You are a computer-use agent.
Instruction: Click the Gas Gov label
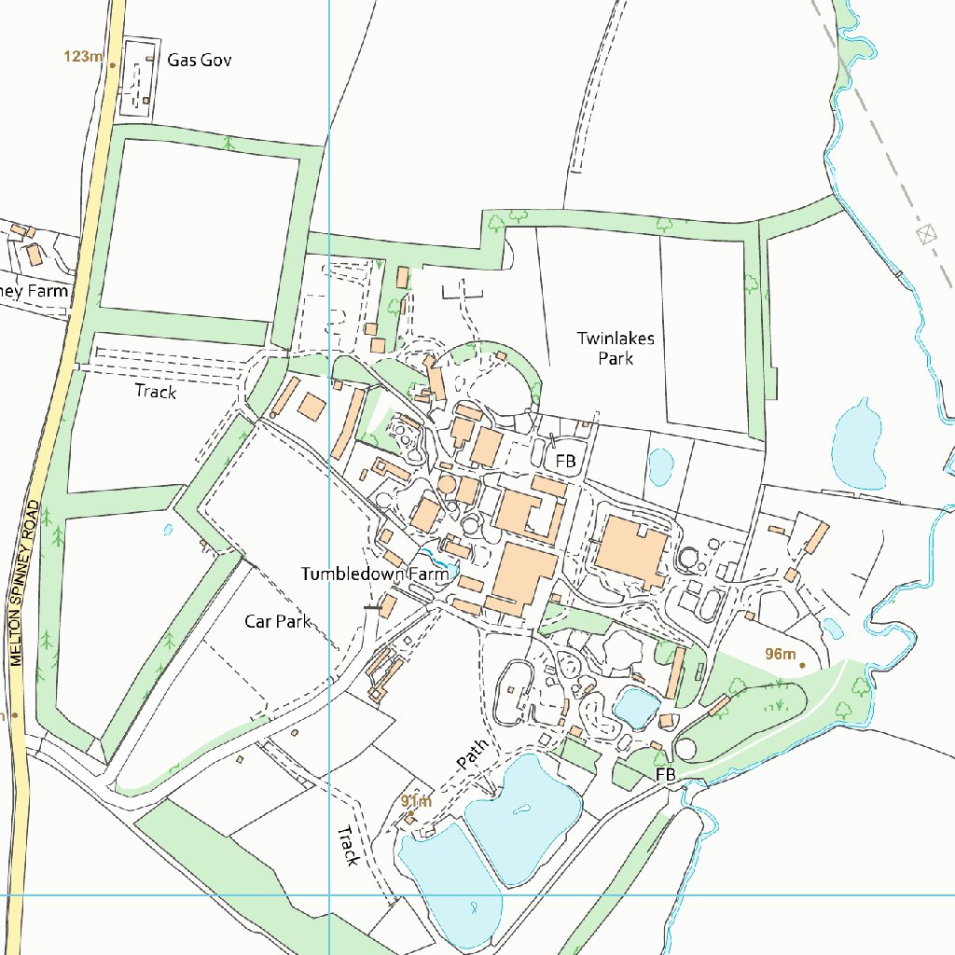199,61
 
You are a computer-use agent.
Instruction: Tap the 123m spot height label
82,57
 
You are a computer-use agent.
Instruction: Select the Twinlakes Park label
616,348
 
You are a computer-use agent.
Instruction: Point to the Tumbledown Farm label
375,574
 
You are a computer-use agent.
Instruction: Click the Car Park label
277,621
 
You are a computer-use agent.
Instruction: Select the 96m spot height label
780,654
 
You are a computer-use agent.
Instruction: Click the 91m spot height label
417,801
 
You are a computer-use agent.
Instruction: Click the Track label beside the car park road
156,392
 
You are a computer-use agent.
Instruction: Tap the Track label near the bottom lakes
348,845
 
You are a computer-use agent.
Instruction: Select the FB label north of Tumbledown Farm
566,461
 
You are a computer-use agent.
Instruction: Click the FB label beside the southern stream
665,775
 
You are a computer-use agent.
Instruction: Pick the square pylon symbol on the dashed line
925,233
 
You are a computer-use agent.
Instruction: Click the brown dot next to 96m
802,665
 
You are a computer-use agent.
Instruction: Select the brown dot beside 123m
112,65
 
